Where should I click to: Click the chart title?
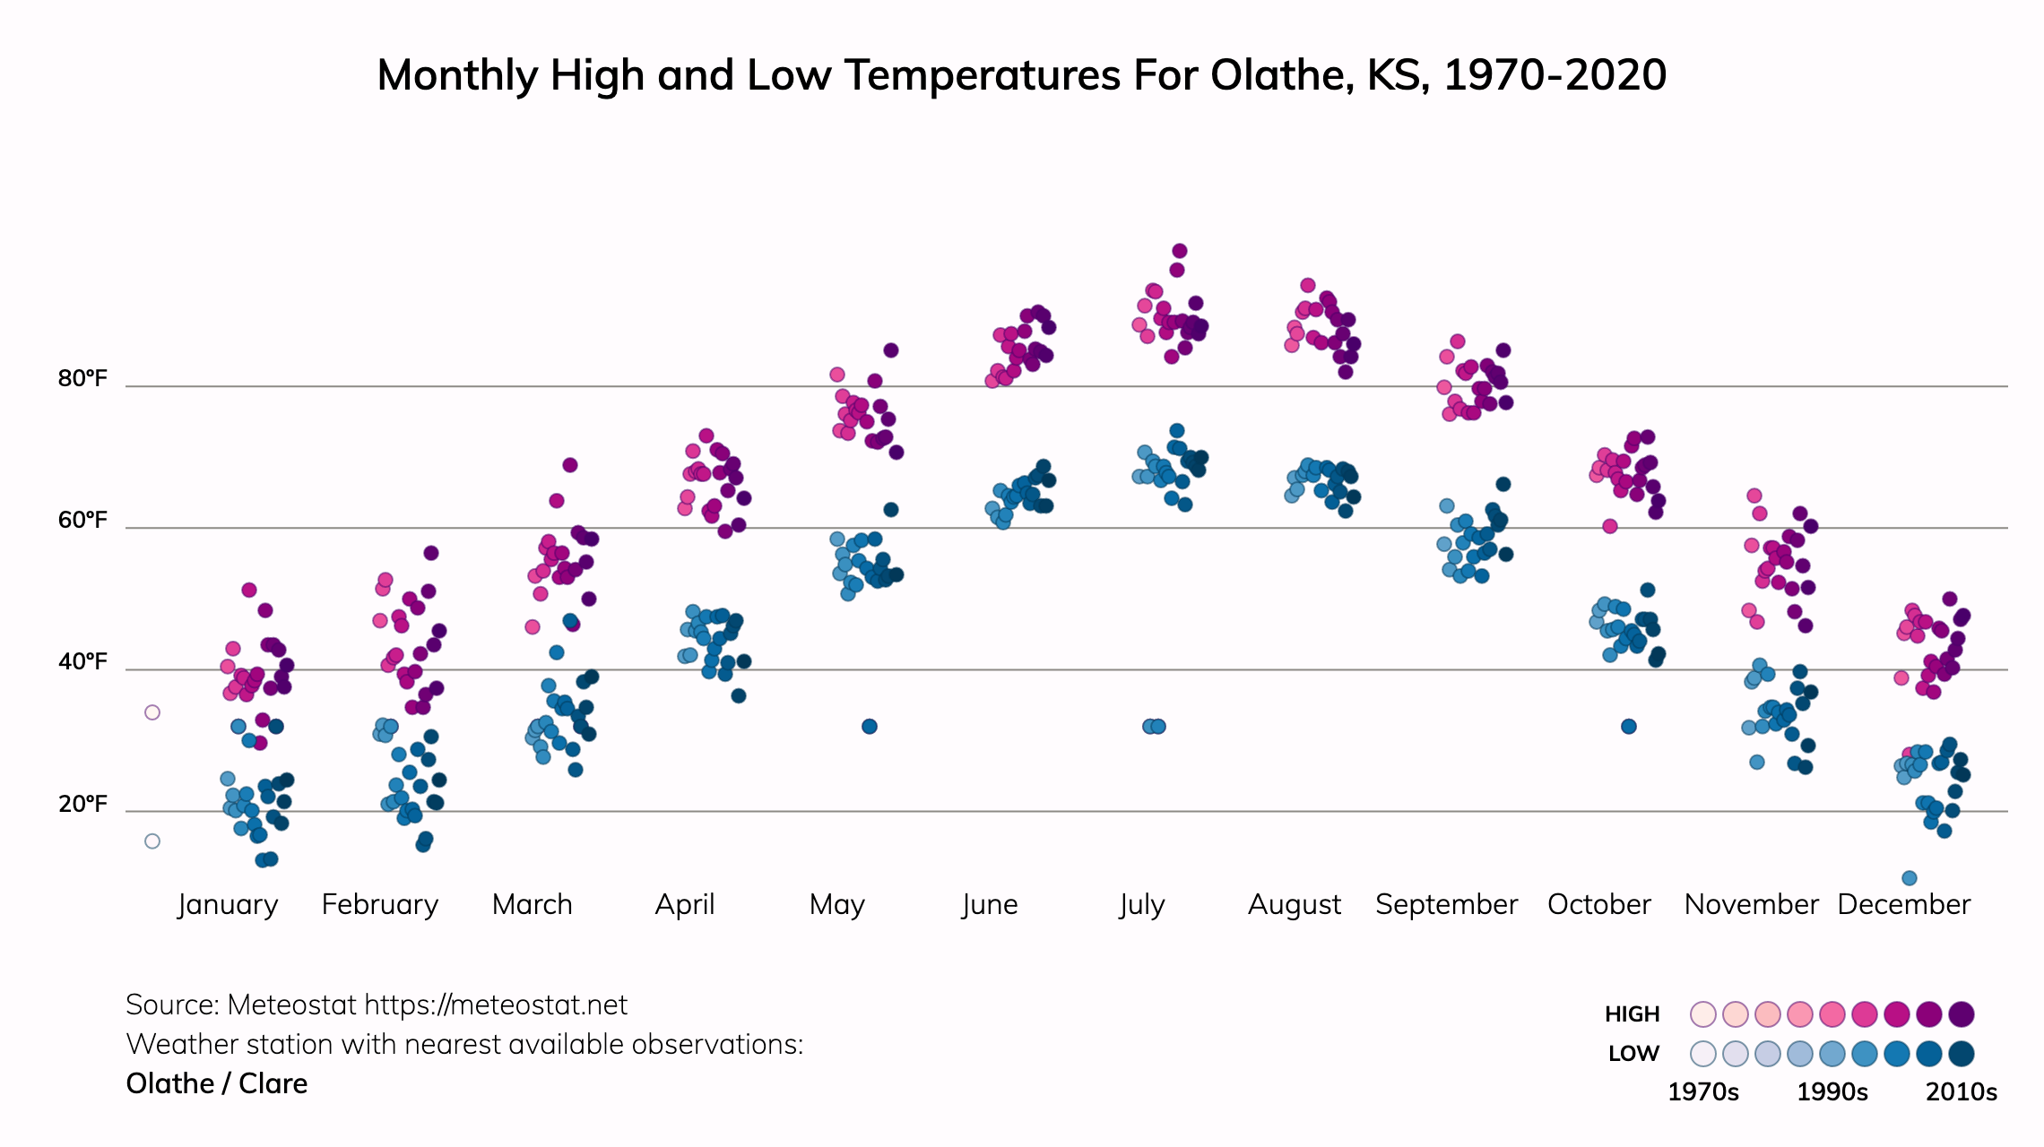click(x=1021, y=75)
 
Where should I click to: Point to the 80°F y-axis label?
click(x=82, y=378)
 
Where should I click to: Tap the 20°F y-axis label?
click(x=82, y=804)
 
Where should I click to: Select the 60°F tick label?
click(x=82, y=520)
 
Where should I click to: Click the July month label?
click(x=1141, y=904)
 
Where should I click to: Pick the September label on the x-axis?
click(x=1446, y=904)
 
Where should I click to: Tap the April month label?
click(x=685, y=904)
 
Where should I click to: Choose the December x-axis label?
click(x=1903, y=904)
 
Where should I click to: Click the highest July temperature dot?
click(x=1180, y=251)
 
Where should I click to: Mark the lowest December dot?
click(x=1910, y=878)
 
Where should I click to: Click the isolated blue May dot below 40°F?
click(x=870, y=726)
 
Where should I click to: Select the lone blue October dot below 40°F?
click(x=1629, y=726)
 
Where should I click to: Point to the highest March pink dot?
click(x=570, y=465)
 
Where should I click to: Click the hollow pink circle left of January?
click(x=152, y=712)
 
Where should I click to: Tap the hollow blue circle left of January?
click(x=152, y=841)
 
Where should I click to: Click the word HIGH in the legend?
click(x=1632, y=1014)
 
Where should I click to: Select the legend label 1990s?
click(x=1832, y=1092)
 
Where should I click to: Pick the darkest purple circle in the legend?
click(x=1962, y=1014)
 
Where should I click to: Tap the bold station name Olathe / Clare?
click(x=217, y=1084)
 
